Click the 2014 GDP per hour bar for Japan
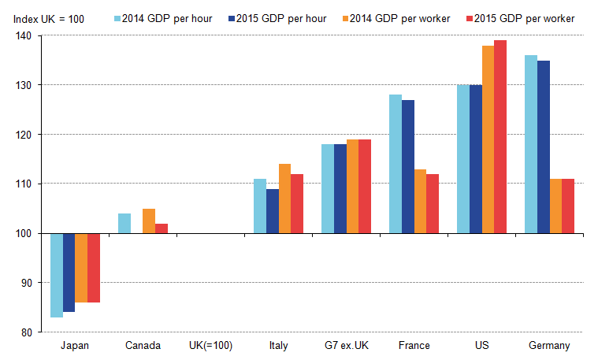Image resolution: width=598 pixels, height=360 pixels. pos(57,275)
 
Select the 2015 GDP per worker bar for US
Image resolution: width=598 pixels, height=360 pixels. pos(500,137)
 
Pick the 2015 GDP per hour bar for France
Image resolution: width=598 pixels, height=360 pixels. pos(407,167)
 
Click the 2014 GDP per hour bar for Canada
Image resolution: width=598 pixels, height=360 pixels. pos(124,224)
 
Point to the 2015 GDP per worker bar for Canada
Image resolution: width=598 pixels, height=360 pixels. pos(162,228)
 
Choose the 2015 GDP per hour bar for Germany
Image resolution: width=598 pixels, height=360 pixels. pos(543,147)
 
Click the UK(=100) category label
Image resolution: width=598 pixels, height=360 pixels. pos(210,346)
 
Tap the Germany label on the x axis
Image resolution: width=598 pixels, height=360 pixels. pos(548,346)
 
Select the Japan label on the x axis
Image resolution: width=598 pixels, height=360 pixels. pos(75,346)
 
